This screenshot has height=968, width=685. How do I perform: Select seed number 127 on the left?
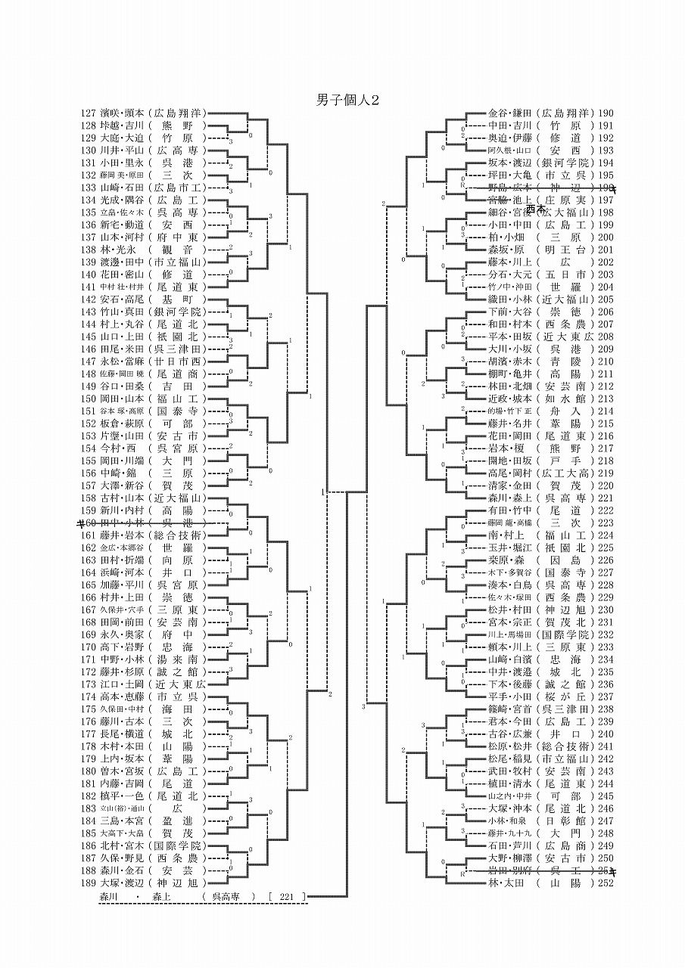pyautogui.click(x=89, y=113)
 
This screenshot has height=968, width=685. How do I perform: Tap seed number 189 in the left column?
pyautogui.click(x=89, y=882)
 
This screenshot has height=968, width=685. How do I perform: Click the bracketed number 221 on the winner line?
pyautogui.click(x=286, y=897)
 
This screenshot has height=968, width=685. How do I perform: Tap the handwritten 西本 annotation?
pyautogui.click(x=536, y=207)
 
